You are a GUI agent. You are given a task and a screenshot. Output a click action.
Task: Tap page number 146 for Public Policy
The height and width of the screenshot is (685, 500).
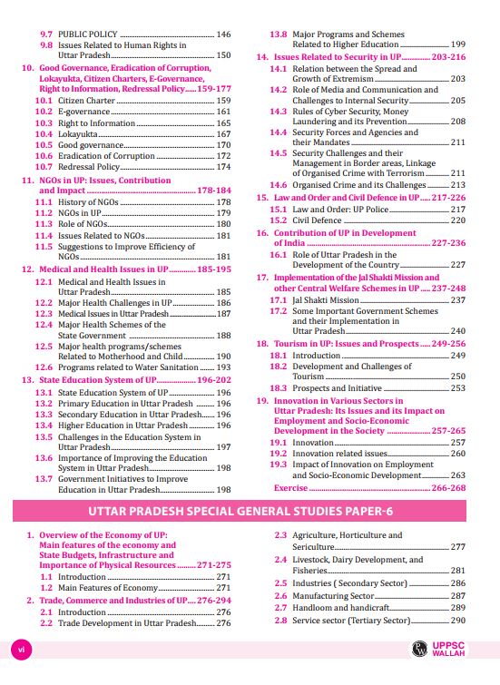pyautogui.click(x=223, y=34)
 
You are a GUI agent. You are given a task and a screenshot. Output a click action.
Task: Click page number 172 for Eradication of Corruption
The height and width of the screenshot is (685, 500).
pyautogui.click(x=223, y=156)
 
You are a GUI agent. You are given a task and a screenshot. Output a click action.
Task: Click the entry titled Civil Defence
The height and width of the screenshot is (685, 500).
pyautogui.click(x=318, y=220)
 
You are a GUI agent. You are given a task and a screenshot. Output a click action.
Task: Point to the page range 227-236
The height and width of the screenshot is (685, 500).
pyautogui.click(x=448, y=243)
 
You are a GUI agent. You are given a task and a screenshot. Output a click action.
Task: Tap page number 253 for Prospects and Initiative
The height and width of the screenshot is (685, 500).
pyautogui.click(x=458, y=387)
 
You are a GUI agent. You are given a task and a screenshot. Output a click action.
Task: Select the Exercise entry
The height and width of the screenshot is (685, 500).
pyautogui.click(x=290, y=487)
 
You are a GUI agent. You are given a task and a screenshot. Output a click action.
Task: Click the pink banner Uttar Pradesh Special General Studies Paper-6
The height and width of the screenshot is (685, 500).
pyautogui.click(x=250, y=513)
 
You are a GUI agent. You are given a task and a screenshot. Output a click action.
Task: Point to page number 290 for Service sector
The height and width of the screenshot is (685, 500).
pyautogui.click(x=458, y=620)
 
